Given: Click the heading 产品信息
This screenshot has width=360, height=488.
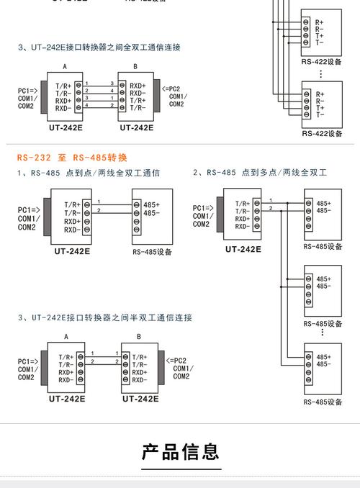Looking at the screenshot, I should click(180, 452).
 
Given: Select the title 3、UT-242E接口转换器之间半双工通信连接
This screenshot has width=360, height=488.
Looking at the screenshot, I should click(104, 317).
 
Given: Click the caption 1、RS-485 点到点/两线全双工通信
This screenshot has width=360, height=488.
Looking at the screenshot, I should click(88, 173).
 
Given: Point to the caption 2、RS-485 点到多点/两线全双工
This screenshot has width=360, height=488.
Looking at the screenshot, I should click(260, 173).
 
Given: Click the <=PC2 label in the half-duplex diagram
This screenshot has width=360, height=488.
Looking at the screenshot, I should click(176, 360).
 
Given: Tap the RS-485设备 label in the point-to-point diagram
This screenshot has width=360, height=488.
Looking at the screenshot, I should click(153, 252).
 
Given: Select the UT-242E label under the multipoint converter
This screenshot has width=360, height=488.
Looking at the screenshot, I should click(243, 250).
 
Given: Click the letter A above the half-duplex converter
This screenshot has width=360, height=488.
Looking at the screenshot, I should click(67, 337).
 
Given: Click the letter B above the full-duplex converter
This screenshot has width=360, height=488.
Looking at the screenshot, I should click(137, 66).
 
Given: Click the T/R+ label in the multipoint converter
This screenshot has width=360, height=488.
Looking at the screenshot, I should click(242, 204).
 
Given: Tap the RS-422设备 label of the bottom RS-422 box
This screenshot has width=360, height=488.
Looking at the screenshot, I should click(322, 134).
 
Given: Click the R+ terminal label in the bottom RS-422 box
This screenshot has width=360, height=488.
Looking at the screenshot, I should click(319, 94).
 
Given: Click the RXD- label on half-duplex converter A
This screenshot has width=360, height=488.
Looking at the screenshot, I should click(66, 380).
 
